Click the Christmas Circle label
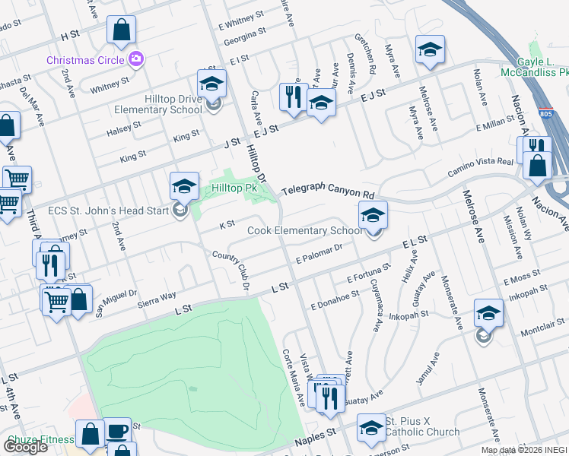click(86, 59)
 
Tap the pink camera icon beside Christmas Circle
click(136, 58)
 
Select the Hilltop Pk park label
click(236, 188)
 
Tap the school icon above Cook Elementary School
click(373, 215)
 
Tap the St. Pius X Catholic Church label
click(421, 426)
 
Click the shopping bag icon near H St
click(122, 30)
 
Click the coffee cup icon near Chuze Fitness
click(117, 432)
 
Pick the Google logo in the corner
click(25, 446)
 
